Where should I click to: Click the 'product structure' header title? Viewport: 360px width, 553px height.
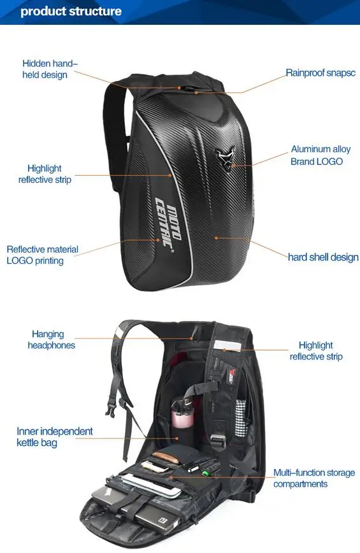(x=71, y=11)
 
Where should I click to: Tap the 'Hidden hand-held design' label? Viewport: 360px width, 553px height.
(x=50, y=69)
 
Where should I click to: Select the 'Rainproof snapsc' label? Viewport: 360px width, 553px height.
(x=320, y=73)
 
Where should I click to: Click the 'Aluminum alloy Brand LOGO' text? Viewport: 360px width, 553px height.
(x=320, y=155)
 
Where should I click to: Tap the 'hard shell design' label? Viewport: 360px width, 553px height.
(x=323, y=257)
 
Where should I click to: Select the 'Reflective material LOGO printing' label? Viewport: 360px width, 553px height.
(x=42, y=255)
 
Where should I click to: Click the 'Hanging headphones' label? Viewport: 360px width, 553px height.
(x=51, y=340)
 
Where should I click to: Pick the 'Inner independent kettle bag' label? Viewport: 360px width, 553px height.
(x=55, y=436)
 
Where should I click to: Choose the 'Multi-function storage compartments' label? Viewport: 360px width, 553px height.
(x=314, y=478)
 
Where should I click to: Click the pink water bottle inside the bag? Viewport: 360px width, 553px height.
(x=183, y=415)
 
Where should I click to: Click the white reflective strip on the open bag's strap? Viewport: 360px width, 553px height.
(x=227, y=345)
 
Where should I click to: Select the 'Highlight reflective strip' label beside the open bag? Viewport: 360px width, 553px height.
(x=316, y=351)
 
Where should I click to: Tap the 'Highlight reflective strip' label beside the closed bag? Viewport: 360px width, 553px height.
(x=45, y=174)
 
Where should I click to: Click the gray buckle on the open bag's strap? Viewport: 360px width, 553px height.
(x=219, y=442)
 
